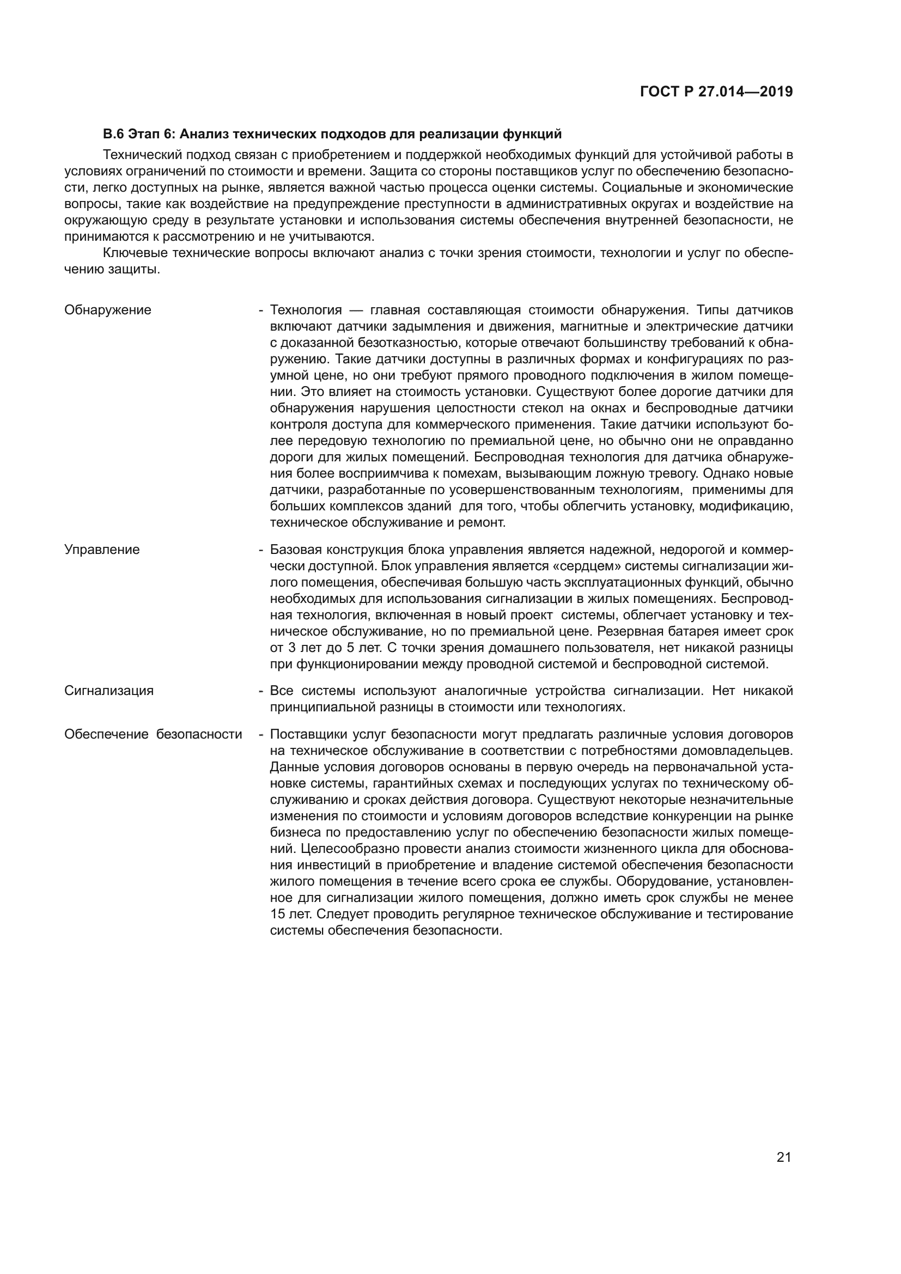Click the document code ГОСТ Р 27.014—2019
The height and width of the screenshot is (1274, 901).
click(x=716, y=92)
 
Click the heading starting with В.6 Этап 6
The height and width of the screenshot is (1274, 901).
click(x=332, y=134)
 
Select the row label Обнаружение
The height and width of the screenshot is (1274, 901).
click(x=108, y=309)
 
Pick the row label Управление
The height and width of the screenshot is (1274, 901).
click(x=102, y=550)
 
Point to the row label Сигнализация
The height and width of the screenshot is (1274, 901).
click(x=109, y=690)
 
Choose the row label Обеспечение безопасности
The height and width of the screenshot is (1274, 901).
click(x=153, y=734)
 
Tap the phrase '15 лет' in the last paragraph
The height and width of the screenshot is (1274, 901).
click(x=288, y=914)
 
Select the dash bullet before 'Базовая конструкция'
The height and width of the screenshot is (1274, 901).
click(x=260, y=550)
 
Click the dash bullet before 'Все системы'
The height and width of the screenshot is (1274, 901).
click(x=260, y=691)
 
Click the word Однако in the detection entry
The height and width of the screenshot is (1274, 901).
click(x=728, y=473)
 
